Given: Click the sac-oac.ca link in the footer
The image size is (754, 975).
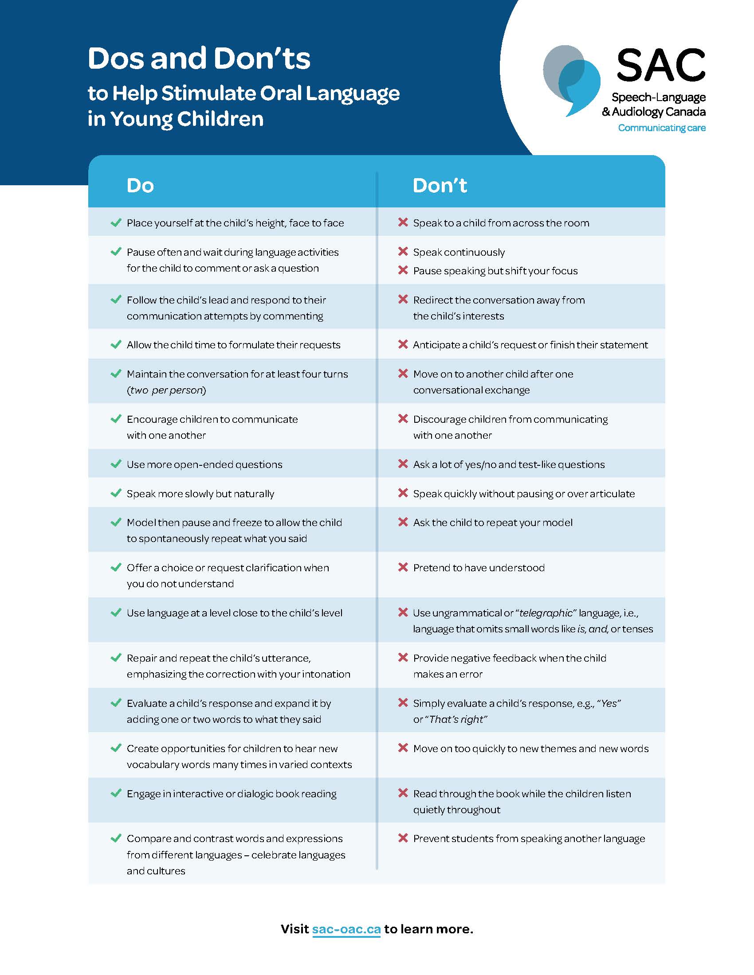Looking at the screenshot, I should tap(346, 929).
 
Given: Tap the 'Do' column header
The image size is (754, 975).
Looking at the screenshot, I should tap(140, 185).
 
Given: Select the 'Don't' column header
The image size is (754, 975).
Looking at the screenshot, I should tap(440, 185).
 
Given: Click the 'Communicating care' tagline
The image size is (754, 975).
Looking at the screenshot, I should tap(662, 128).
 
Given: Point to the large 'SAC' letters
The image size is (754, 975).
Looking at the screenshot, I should tap(660, 65).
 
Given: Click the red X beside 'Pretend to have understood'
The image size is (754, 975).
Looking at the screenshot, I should tap(403, 567).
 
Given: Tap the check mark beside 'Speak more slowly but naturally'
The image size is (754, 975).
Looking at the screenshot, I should tap(116, 493).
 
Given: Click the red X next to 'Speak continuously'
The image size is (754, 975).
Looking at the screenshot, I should tap(403, 252).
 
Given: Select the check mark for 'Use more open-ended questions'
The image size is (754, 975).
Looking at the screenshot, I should tap(116, 464).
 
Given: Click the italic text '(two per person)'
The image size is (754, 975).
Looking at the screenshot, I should tap(167, 390).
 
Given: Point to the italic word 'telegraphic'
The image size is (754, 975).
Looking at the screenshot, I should tap(546, 613).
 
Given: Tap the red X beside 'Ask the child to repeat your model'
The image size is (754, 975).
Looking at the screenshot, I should tap(403, 523).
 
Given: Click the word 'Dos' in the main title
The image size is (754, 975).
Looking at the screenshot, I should tap(116, 58).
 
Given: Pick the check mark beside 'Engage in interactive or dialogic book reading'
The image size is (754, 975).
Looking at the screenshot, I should tap(116, 793).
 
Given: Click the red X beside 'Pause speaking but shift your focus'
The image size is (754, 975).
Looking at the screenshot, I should tap(403, 270).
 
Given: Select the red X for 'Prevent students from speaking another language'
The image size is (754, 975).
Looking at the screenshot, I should tap(403, 838).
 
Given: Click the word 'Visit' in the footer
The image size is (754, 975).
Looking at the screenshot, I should tap(295, 929).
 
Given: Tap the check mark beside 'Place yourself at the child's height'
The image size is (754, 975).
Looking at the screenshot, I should tap(116, 223).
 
